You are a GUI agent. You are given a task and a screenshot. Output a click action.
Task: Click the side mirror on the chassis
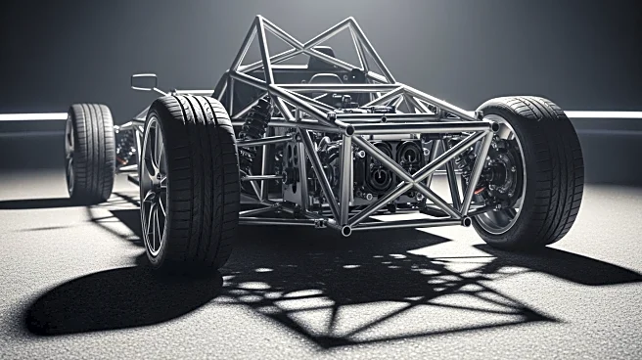tap(144, 81)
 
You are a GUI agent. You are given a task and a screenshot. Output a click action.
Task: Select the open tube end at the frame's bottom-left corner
tap(345, 231)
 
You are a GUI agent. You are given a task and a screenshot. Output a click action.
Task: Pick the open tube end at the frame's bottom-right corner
tap(467, 222)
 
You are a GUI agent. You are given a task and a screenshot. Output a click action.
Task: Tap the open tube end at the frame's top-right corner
tap(488, 124)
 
